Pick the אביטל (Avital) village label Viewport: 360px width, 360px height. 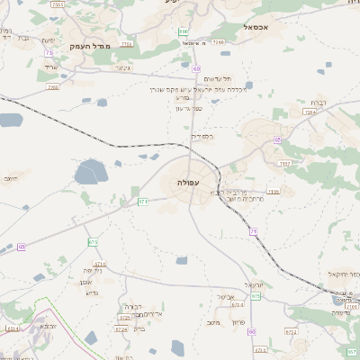coord(225,296)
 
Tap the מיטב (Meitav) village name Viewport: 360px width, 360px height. coord(212,321)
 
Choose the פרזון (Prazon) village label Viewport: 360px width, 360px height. coord(238,321)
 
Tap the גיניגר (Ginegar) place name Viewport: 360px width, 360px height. coord(123,67)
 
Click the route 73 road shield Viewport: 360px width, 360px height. coord(47,53)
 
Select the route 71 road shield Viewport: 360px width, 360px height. coord(253,232)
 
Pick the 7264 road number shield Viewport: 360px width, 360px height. coord(311,112)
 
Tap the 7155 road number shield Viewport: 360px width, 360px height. coord(58,4)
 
